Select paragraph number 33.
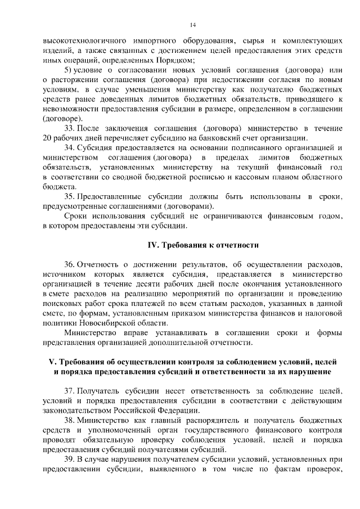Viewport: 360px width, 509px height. click(69, 128)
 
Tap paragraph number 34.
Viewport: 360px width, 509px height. click(69, 147)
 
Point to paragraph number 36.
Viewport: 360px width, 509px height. click(69, 264)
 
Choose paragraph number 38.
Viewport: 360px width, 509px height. click(69, 420)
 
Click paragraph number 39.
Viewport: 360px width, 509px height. click(69, 459)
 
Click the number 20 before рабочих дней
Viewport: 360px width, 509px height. click(47, 138)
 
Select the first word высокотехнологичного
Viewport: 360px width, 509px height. click(82, 40)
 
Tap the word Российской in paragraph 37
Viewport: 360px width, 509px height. click(149, 411)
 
